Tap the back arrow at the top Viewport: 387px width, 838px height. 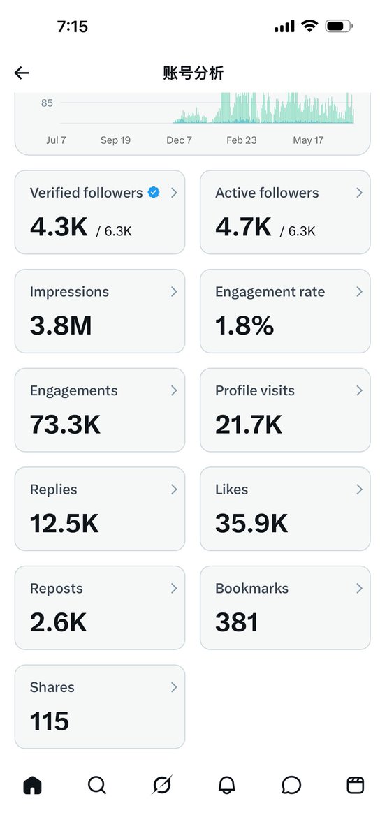[x=22, y=73]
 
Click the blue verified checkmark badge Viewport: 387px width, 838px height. [x=154, y=192]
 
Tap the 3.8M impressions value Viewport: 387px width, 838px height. [x=61, y=325]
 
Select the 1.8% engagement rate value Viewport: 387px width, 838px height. [x=244, y=325]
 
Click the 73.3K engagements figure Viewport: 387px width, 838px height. [x=65, y=425]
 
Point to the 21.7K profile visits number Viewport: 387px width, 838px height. [x=249, y=425]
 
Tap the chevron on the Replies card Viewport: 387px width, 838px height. [x=174, y=490]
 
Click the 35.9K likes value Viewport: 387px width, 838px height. [x=251, y=523]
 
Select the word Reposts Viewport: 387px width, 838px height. [x=56, y=589]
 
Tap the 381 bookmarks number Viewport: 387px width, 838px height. [x=237, y=622]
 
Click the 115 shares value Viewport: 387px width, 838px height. [x=50, y=721]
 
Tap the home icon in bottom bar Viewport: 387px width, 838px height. [x=33, y=784]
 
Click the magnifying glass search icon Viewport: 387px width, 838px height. [x=97, y=785]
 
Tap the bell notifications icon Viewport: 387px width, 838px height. [x=227, y=785]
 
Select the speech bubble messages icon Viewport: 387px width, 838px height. [x=291, y=785]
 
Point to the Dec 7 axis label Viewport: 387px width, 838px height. [x=179, y=140]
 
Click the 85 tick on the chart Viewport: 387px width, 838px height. [x=47, y=103]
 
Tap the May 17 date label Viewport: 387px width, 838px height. [x=308, y=140]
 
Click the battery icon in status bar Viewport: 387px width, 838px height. [x=339, y=27]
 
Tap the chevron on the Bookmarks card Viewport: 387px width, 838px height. [x=359, y=589]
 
